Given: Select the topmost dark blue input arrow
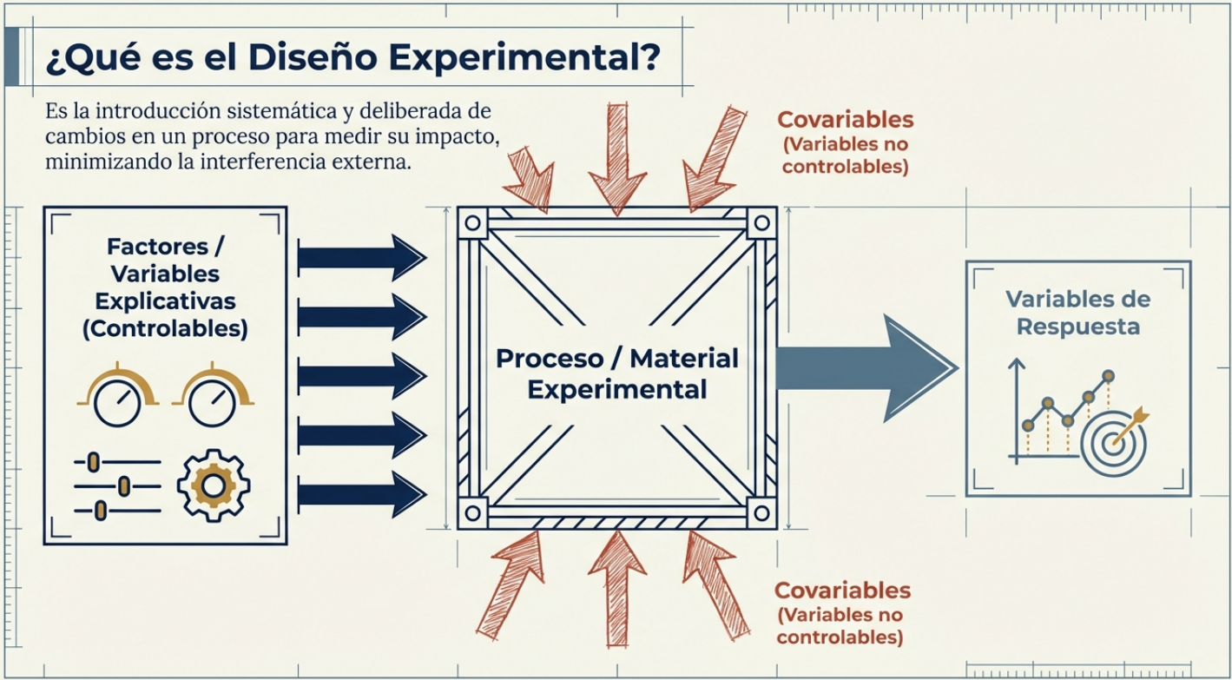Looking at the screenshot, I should point(361,256).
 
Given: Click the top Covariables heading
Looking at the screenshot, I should point(845,120).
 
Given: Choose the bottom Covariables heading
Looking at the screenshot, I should point(842,591).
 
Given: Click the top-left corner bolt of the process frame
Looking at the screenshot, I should point(473,222).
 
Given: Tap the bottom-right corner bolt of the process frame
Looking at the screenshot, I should point(761,512).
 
